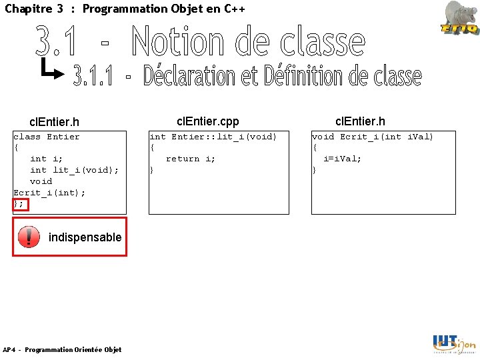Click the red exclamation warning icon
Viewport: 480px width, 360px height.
tap(29, 237)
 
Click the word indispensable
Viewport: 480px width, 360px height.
tap(85, 237)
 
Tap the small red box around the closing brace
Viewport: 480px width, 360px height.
tap(20, 204)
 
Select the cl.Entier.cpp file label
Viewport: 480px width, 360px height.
tap(207, 121)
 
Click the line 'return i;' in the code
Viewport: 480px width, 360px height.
tap(191, 159)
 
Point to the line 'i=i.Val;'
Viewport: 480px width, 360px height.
tap(342, 159)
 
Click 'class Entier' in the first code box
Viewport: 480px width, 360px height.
tap(47, 137)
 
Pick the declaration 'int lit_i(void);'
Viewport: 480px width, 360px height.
tap(74, 170)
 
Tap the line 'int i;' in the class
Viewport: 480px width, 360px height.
tap(47, 159)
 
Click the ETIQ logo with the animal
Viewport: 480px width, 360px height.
tap(459, 17)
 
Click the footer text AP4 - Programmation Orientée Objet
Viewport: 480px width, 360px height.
tap(62, 350)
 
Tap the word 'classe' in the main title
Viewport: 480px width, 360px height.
tap(323, 41)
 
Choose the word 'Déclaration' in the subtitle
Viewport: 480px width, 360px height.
tap(190, 77)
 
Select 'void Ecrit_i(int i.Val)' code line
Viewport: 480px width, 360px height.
tap(373, 137)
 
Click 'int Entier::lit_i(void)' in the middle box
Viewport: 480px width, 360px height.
tap(213, 137)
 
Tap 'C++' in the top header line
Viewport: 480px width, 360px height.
tap(235, 9)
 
